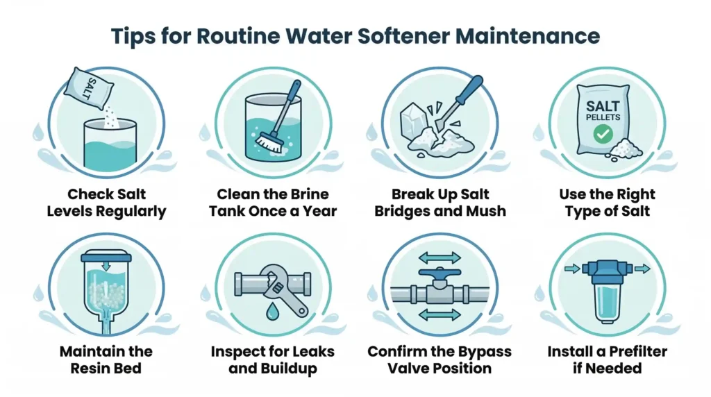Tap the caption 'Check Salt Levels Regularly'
106,203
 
